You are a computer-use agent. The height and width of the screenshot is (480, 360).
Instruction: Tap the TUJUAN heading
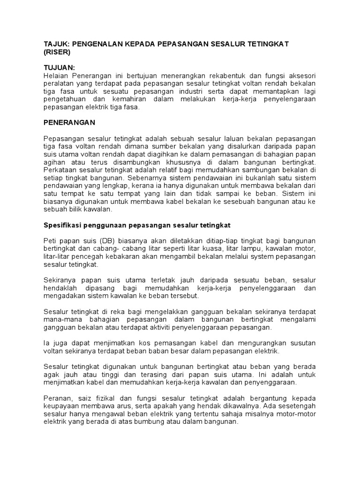pyautogui.click(x=59, y=67)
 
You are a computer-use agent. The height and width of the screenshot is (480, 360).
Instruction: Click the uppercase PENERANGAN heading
pyautogui.click(x=69, y=122)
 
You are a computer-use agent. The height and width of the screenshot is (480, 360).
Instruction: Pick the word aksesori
pyautogui.click(x=302, y=75)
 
